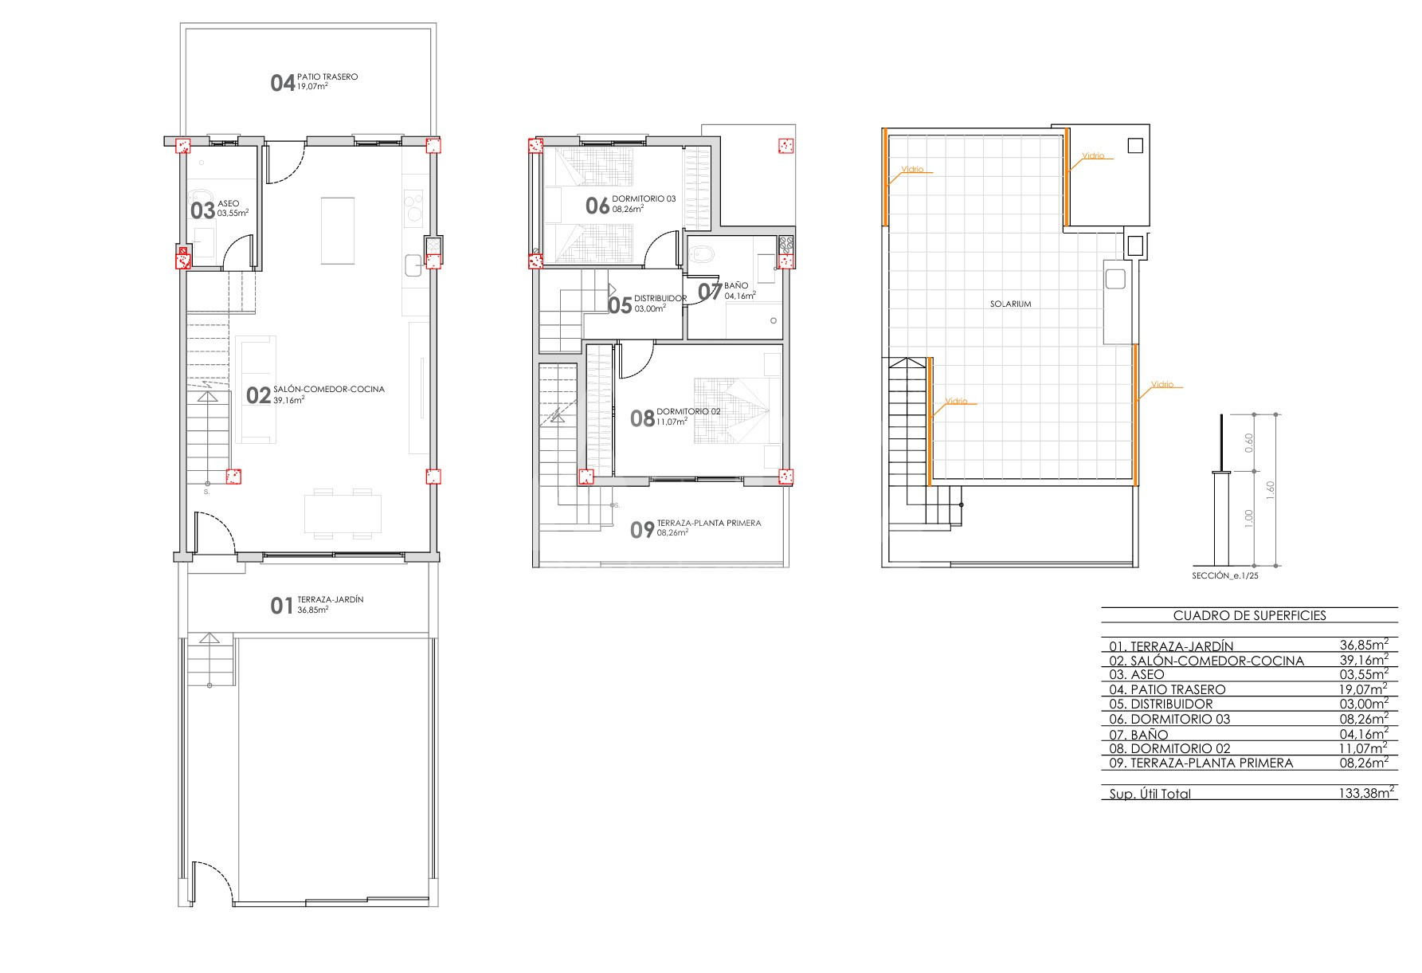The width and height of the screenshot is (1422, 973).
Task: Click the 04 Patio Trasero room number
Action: [x=283, y=83]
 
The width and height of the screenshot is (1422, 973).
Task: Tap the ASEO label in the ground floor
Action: [x=228, y=204]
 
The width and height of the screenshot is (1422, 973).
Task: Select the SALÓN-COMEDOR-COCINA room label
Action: [x=329, y=390]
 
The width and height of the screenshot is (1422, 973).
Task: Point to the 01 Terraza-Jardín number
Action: [x=282, y=606]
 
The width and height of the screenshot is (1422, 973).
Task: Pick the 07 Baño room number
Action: [x=710, y=292]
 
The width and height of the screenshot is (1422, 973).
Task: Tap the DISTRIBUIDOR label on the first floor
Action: [x=660, y=299]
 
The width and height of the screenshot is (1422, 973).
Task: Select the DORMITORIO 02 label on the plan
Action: [x=688, y=412]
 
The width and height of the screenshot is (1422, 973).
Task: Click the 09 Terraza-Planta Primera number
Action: [x=642, y=531]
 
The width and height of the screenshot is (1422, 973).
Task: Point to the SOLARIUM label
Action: [x=1011, y=304]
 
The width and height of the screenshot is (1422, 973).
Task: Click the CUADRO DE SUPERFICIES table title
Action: [x=1250, y=615]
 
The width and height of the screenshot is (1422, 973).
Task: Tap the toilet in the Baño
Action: [x=703, y=255]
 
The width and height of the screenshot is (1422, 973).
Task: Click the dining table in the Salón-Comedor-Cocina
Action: [x=343, y=514]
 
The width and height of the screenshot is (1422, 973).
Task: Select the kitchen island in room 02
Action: [x=338, y=230]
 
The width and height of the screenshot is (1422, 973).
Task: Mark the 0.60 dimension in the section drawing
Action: [x=1249, y=442]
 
